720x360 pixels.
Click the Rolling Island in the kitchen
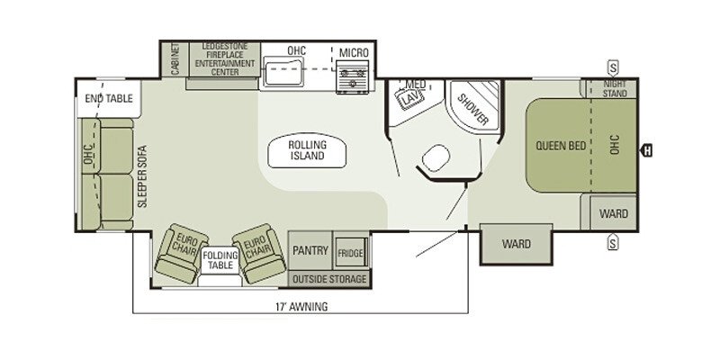(307, 151)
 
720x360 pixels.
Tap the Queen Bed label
(561, 146)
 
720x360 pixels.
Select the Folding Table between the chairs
(220, 260)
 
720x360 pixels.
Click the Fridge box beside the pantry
(350, 253)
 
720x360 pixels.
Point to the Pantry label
(310, 250)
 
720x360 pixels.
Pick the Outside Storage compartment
(329, 279)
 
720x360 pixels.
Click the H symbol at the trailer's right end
(646, 150)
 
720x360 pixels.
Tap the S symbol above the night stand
(613, 67)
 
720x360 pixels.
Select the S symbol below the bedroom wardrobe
(613, 242)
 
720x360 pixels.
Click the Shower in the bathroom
(473, 106)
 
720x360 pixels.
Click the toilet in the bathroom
(436, 158)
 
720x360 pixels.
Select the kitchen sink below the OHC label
(283, 74)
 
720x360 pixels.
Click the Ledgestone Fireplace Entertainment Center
(224, 59)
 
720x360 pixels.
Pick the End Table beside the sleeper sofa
(109, 99)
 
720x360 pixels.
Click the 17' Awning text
(301, 306)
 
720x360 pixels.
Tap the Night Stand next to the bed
(611, 88)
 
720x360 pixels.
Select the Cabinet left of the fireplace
(175, 59)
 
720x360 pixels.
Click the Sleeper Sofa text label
(143, 176)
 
